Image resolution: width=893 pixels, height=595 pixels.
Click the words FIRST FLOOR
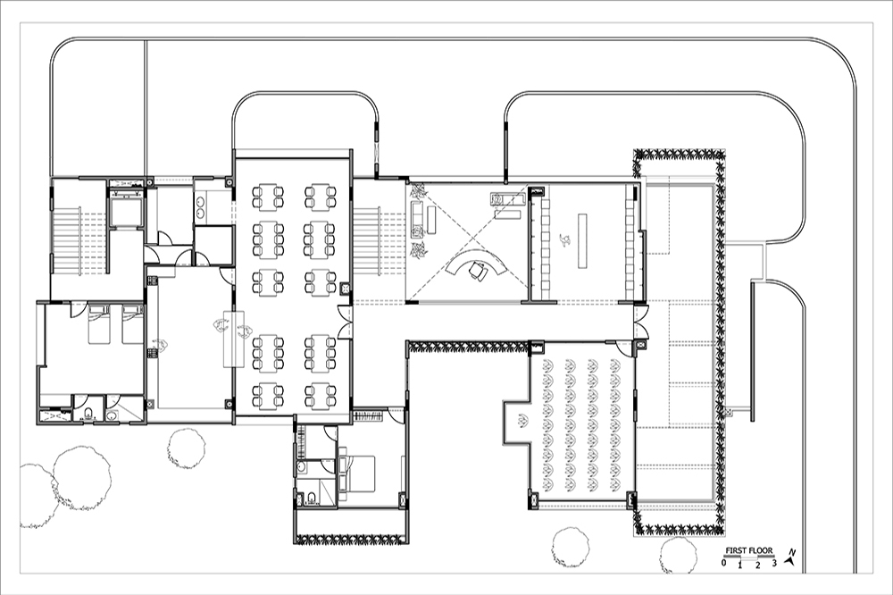pyautogui.click(x=748, y=550)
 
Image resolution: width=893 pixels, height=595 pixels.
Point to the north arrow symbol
pyautogui.click(x=790, y=557)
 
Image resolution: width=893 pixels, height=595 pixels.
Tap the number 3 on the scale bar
pyautogui.click(x=774, y=564)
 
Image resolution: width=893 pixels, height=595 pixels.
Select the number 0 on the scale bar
pyautogui.click(x=723, y=563)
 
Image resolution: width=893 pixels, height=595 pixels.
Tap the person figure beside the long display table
pyautogui.click(x=565, y=240)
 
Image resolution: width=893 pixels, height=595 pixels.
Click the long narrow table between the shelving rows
pyautogui.click(x=582, y=240)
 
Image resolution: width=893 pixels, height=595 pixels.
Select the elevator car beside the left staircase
pyautogui.click(x=125, y=212)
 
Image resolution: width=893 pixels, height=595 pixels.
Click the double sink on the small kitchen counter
pyautogui.click(x=200, y=207)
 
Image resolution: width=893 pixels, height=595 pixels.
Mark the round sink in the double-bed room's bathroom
pyautogui.click(x=301, y=467)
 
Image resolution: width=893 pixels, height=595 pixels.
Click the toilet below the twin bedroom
pyautogui.click(x=88, y=414)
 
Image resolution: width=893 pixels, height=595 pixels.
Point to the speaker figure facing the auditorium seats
pyautogui.click(x=520, y=423)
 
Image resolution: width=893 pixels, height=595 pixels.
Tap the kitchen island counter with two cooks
pyautogui.click(x=233, y=339)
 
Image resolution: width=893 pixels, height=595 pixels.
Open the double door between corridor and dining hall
pyautogui.click(x=344, y=322)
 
